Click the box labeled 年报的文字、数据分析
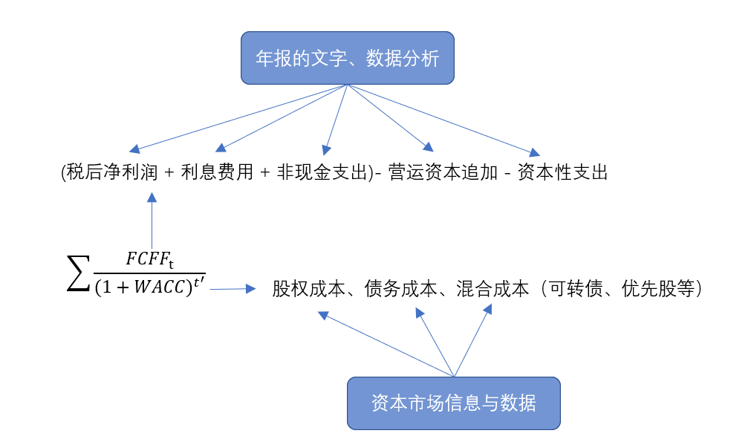[347, 58]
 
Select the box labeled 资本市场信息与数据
[453, 403]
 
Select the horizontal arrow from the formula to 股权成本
[233, 289]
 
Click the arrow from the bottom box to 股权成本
[386, 345]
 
